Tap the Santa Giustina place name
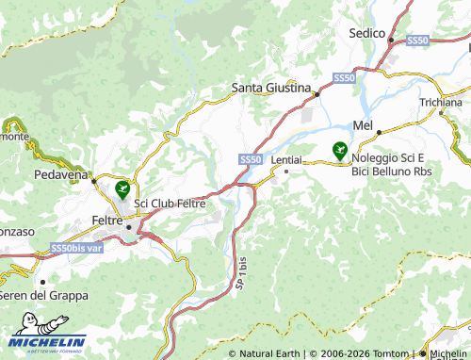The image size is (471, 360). coord(271,88)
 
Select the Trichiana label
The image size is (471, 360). coord(442,102)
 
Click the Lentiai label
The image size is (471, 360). coord(286,160)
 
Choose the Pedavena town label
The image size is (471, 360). coord(59,175)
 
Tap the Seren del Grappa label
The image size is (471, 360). coord(43,295)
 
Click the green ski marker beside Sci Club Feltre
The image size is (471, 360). coord(122,188)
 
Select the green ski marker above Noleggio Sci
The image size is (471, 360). coord(339,149)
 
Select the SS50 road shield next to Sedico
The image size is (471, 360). coord(417,41)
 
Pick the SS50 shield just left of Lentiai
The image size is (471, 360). coord(250,161)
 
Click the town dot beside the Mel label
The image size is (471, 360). coord(379,133)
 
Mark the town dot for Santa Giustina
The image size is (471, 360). coord(317,94)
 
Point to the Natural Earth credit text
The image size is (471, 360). coord(270,353)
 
